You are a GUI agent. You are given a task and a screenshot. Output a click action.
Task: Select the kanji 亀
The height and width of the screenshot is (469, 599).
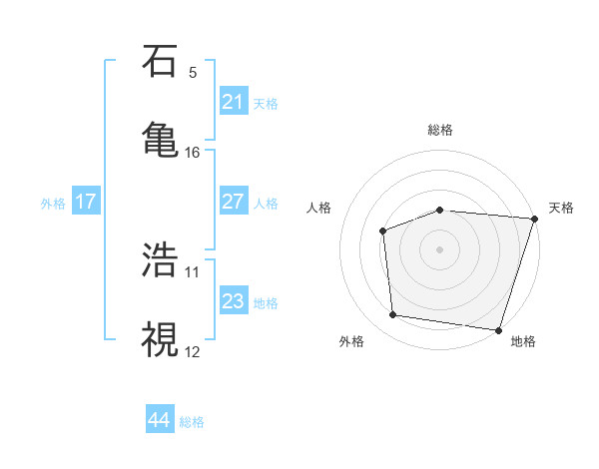point(160,138)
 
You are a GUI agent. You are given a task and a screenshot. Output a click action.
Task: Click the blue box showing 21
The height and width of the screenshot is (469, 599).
point(234,102)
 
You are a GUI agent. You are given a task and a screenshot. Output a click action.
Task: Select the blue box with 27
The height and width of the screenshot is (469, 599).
point(234,202)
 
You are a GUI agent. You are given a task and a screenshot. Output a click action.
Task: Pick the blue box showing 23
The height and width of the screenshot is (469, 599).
point(234,301)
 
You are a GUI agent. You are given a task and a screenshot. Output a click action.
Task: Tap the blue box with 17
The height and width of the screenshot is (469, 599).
point(86,202)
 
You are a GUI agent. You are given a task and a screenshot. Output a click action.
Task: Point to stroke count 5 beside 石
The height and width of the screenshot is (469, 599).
point(193,72)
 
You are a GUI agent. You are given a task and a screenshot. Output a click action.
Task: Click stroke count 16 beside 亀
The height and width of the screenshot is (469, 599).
point(193,152)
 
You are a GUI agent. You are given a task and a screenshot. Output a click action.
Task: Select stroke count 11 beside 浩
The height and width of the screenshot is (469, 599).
point(193,271)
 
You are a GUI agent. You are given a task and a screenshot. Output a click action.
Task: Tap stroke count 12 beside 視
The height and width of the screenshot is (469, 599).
point(193,351)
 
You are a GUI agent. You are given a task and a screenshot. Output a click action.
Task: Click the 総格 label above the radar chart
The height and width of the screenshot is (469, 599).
point(440,130)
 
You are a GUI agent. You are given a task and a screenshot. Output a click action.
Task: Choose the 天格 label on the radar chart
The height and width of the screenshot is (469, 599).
point(561,208)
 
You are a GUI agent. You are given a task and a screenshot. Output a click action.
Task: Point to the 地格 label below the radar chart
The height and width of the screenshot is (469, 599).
point(523,341)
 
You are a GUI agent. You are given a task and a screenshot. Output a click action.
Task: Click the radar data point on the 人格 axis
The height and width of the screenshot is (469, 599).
point(382,231)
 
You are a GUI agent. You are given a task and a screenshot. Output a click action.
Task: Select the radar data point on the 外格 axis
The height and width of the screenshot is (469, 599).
point(393,315)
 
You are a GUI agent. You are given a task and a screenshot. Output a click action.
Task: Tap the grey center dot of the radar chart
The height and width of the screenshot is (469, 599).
point(440,248)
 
